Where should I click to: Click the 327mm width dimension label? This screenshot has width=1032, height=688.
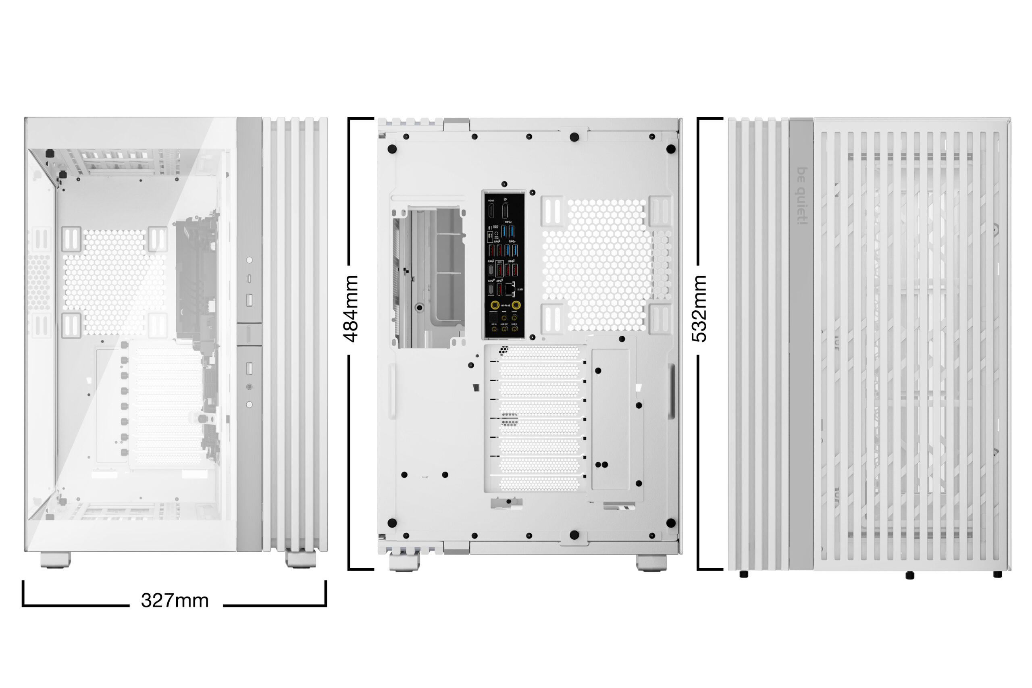pyautogui.click(x=175, y=601)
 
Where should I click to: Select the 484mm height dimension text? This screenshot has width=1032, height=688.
pyautogui.click(x=351, y=308)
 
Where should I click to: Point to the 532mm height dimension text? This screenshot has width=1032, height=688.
pyautogui.click(x=699, y=308)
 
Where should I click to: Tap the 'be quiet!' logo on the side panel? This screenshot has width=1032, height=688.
pyautogui.click(x=802, y=196)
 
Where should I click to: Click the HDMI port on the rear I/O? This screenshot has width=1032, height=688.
pyautogui.click(x=491, y=210)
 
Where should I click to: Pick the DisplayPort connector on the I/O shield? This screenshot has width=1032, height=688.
pyautogui.click(x=505, y=210)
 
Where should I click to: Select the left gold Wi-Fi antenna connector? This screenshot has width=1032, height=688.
pyautogui.click(x=495, y=305)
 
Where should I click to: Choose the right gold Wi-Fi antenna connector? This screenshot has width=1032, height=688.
pyautogui.click(x=516, y=305)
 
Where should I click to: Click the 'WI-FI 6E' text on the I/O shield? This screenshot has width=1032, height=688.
pyautogui.click(x=505, y=306)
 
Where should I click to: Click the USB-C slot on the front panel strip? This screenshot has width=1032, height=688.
pyautogui.click(x=249, y=279)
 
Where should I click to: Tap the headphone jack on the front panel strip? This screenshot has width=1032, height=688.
pyautogui.click(x=249, y=387)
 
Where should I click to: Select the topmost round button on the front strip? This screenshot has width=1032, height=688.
pyautogui.click(x=249, y=260)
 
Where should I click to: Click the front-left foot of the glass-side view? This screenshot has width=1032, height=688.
pyautogui.click(x=55, y=560)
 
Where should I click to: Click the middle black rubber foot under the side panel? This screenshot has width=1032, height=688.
pyautogui.click(x=909, y=575)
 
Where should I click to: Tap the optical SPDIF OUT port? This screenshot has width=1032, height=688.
pyautogui.click(x=493, y=317)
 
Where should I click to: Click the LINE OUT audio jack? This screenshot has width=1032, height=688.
pyautogui.click(x=504, y=328)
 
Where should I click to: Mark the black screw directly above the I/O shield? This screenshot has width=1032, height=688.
pyautogui.click(x=504, y=184)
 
